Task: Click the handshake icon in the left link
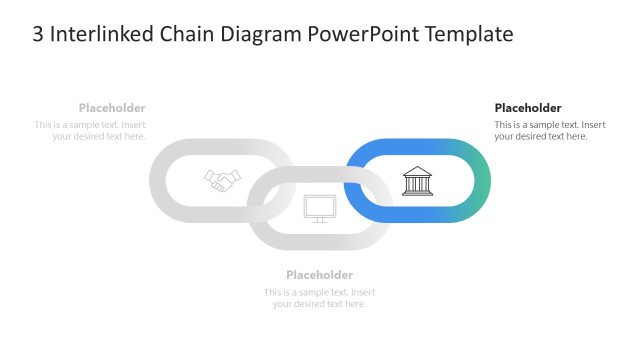tap(223, 180)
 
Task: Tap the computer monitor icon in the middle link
tap(319, 207)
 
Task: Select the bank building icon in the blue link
tap(416, 180)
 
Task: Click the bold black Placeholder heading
tap(528, 108)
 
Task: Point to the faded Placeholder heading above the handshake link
tap(112, 108)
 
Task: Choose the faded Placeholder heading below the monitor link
tap(319, 275)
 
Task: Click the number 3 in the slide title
tap(38, 35)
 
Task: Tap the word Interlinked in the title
tap(100, 35)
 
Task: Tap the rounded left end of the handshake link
tap(158, 180)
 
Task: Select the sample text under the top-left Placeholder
tap(90, 131)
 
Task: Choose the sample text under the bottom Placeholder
tap(319, 298)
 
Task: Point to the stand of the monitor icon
tap(319, 220)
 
